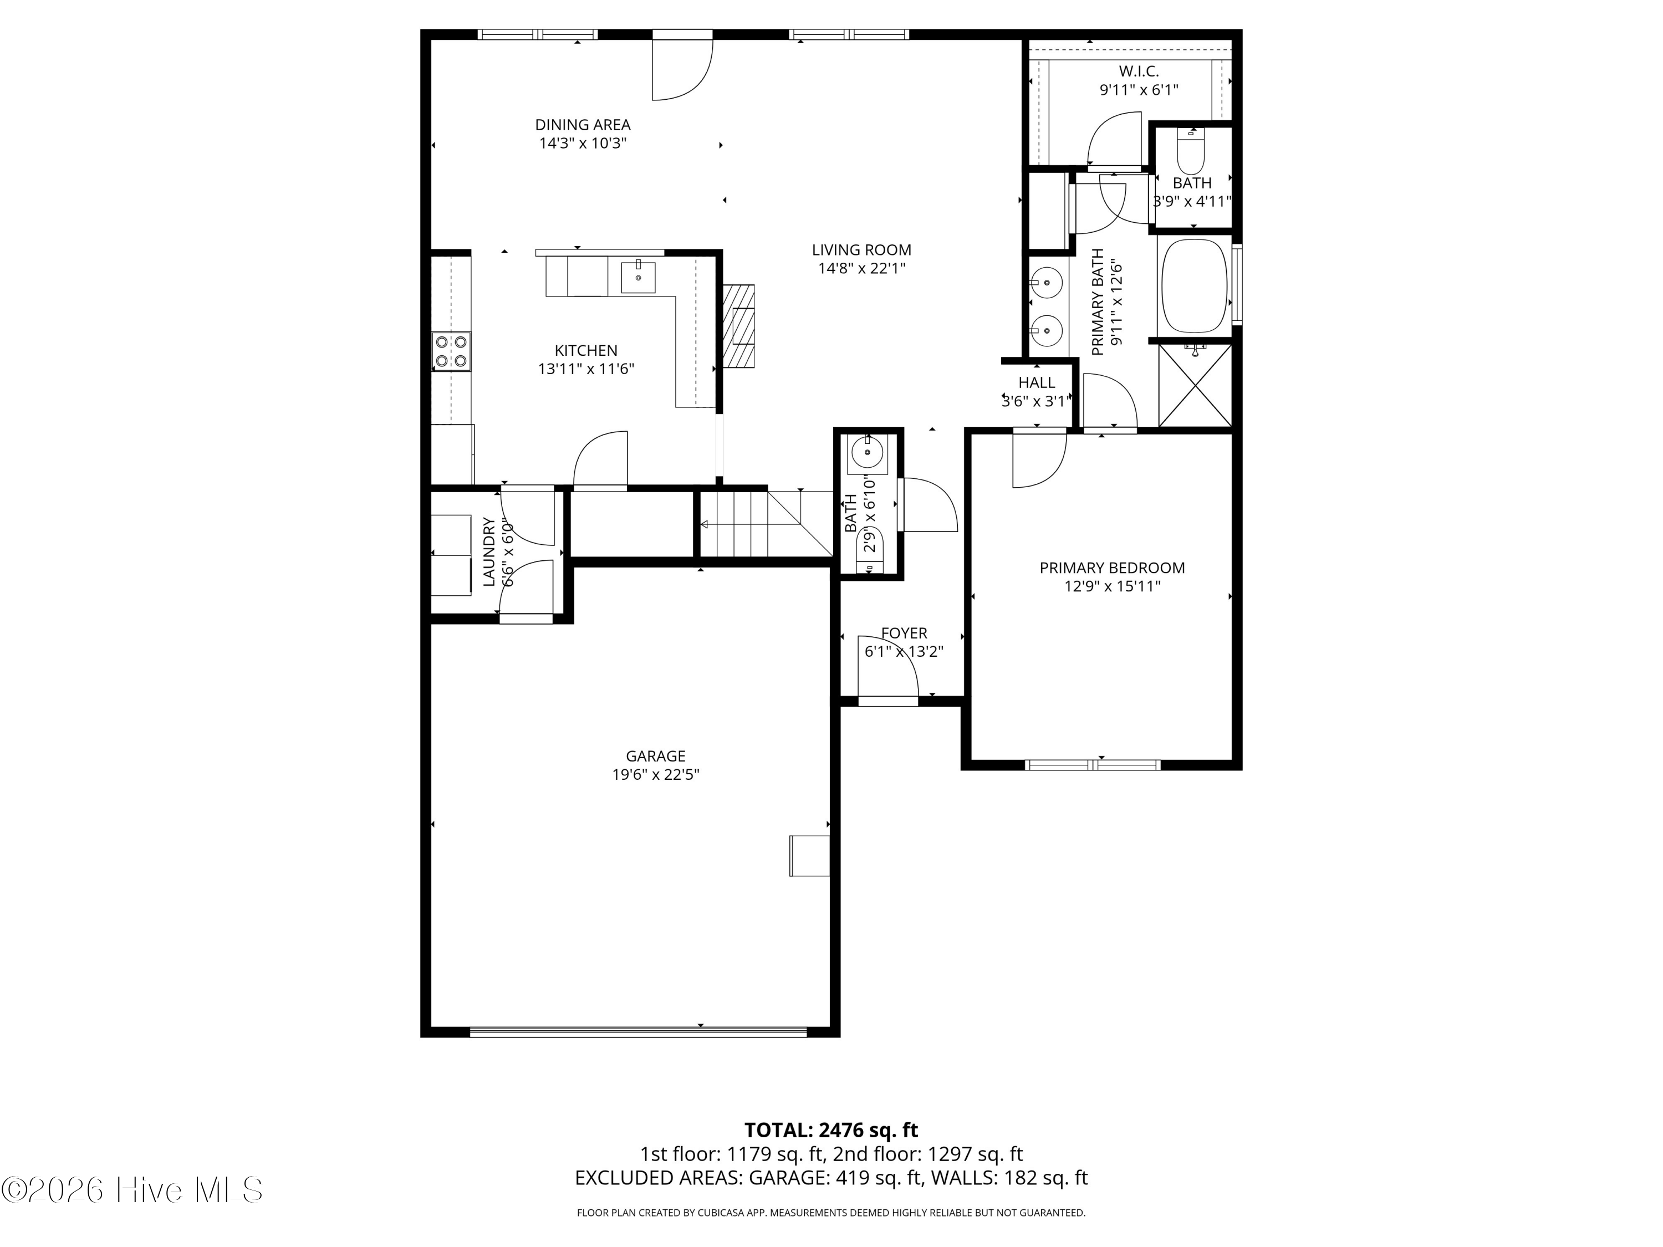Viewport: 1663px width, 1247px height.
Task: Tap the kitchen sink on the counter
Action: (638, 277)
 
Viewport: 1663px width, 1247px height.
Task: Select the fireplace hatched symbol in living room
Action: (738, 325)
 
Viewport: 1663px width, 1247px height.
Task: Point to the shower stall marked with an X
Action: (1195, 386)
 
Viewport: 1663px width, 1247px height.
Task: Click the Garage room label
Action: (656, 756)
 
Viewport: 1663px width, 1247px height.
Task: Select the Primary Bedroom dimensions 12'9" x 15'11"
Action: (1112, 586)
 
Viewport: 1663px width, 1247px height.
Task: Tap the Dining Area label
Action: (583, 125)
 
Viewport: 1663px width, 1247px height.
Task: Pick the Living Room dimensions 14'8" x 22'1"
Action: (861, 268)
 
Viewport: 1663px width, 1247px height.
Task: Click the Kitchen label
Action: (586, 350)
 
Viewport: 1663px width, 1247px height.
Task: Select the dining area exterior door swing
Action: (682, 68)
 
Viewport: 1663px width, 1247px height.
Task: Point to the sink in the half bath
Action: (868, 452)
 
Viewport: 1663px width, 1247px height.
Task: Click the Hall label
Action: (1037, 382)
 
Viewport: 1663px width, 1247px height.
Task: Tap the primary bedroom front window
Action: (1093, 764)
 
